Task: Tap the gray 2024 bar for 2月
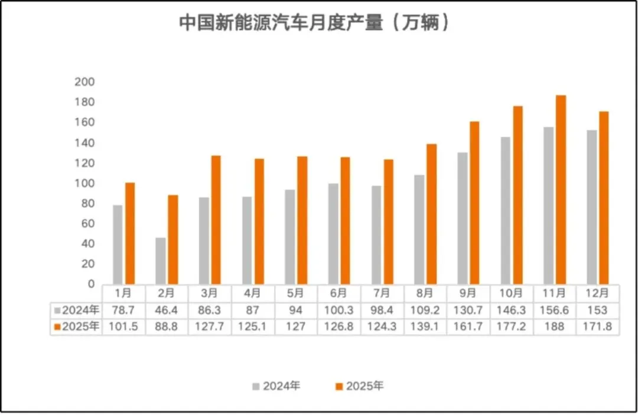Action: tap(161, 261)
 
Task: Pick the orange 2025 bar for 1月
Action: tap(130, 233)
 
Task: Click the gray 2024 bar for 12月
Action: tap(591, 207)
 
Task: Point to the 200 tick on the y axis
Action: tap(84, 82)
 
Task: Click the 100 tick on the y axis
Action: tap(84, 184)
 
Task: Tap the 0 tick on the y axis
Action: tap(90, 284)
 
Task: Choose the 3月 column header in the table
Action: tap(210, 293)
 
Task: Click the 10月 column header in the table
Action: tap(512, 293)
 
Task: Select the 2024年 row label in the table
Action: tap(77, 310)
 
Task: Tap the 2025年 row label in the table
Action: tap(77, 326)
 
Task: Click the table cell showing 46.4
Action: tap(167, 310)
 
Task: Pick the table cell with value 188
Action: tap(555, 326)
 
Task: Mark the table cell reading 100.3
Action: tap(339, 310)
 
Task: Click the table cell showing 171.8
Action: tap(598, 326)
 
